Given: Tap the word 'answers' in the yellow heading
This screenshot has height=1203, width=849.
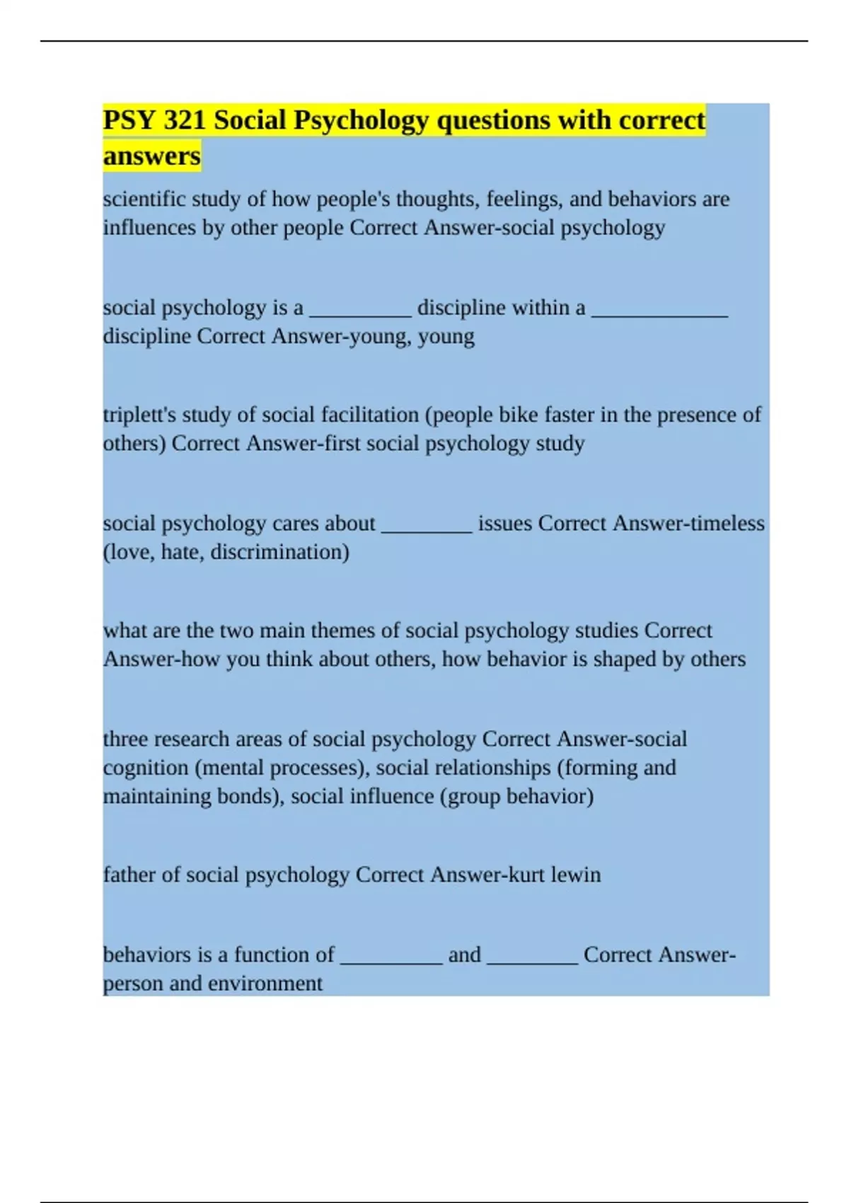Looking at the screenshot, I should (x=151, y=156).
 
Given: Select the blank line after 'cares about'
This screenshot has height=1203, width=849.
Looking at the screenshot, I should (x=427, y=529).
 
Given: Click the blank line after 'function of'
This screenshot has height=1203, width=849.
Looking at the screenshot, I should (x=391, y=961).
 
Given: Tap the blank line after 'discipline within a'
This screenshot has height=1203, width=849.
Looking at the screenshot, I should (x=659, y=314).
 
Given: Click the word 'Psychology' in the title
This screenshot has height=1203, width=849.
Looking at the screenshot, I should (x=361, y=120).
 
